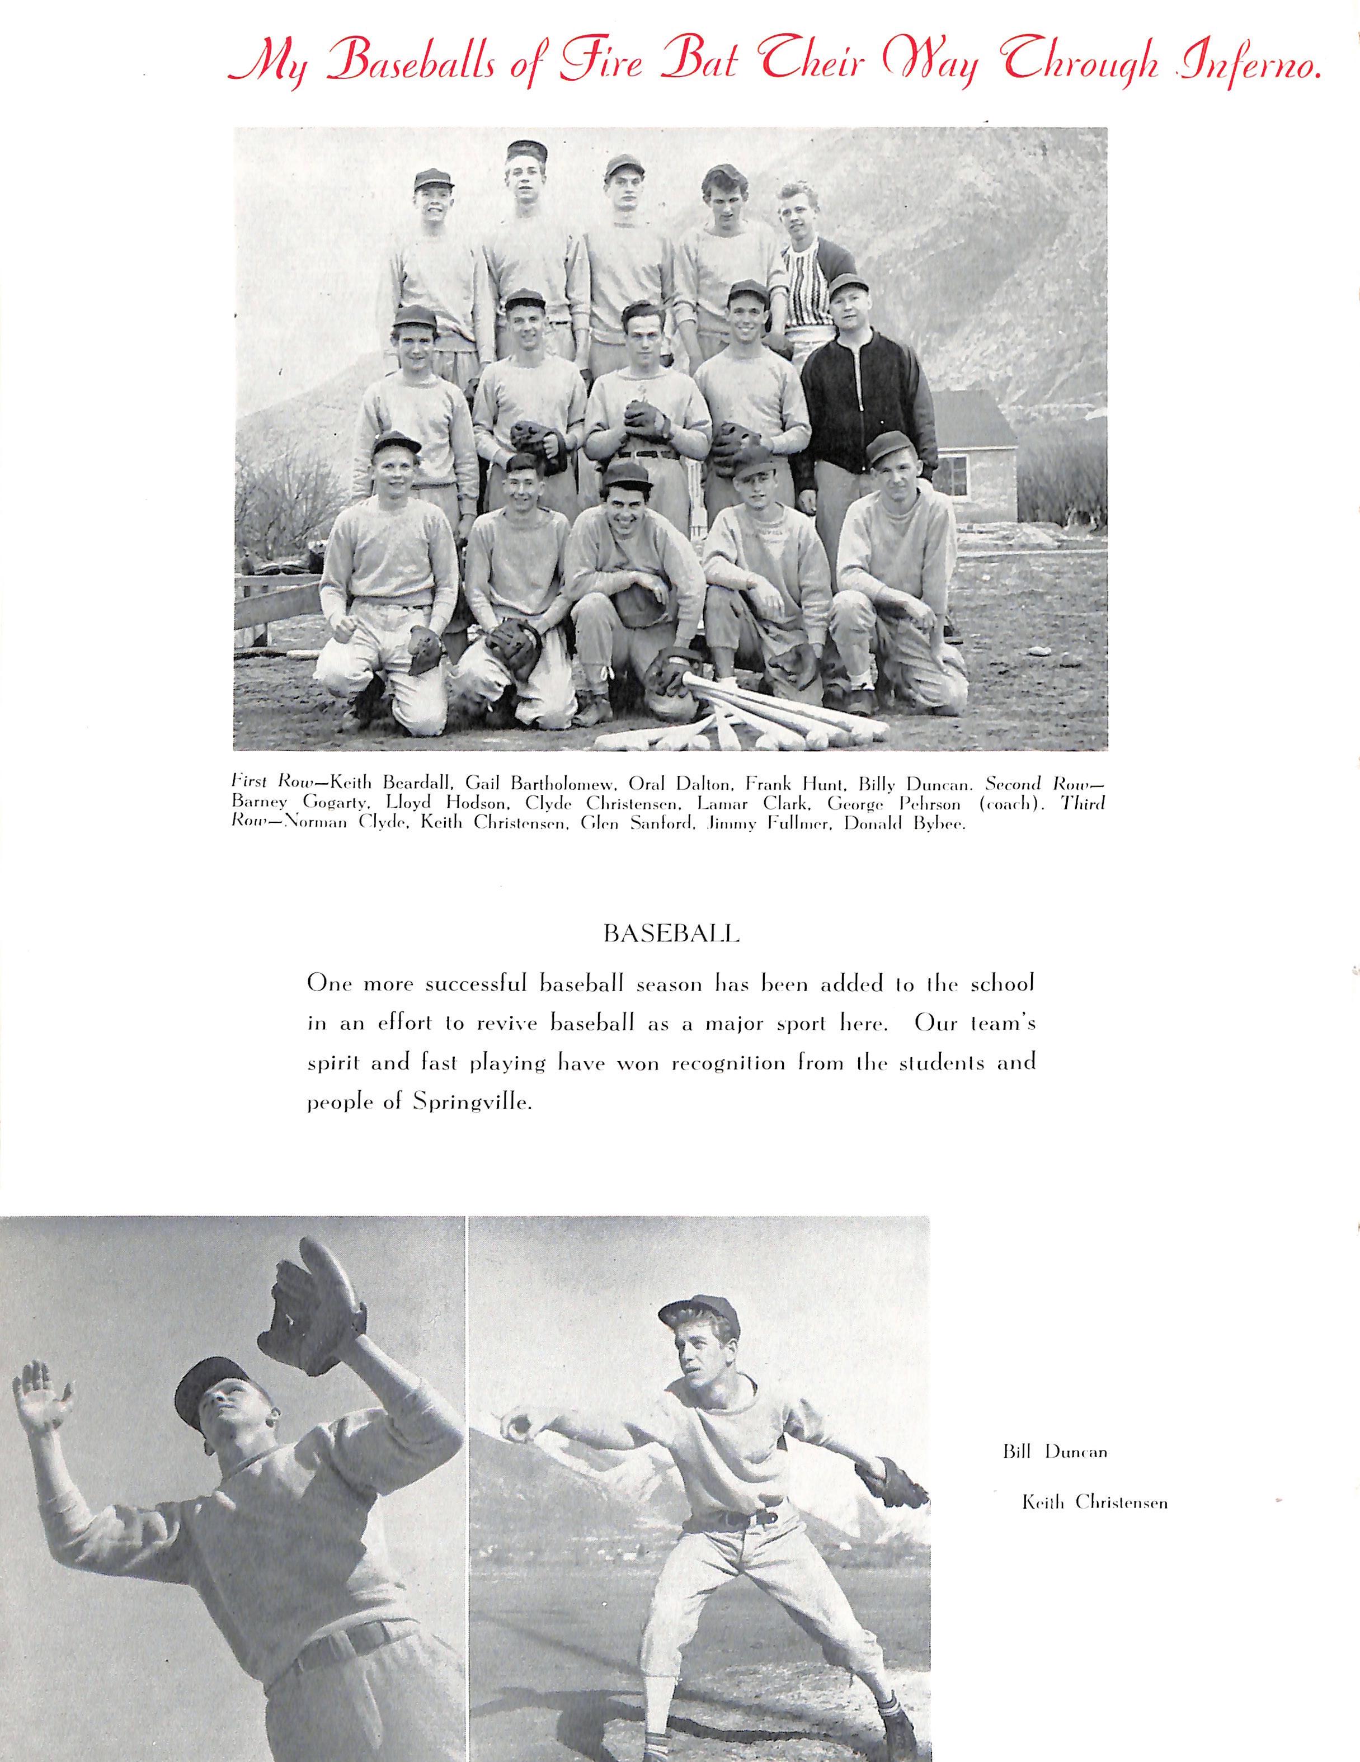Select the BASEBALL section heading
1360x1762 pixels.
[x=671, y=934]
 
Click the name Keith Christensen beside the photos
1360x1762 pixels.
[x=1094, y=1503]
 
